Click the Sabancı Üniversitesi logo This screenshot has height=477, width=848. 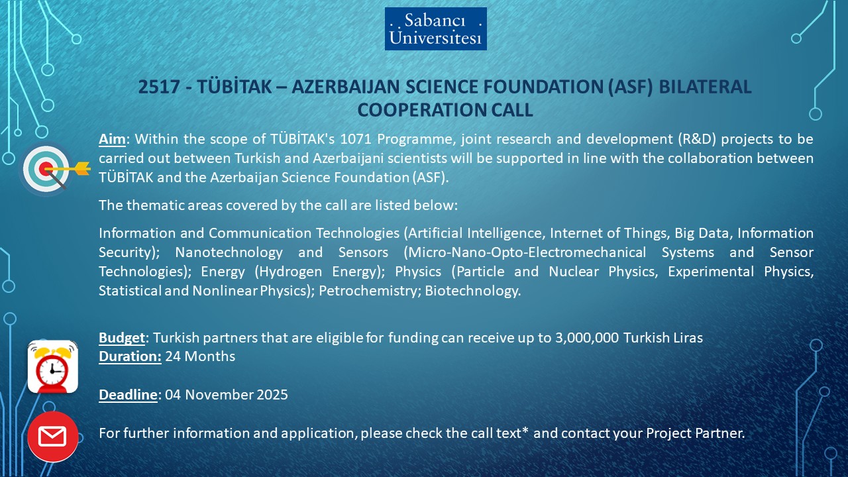pos(436,28)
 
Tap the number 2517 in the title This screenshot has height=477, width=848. pos(159,87)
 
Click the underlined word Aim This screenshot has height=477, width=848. pos(112,139)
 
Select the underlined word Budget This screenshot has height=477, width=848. pos(122,338)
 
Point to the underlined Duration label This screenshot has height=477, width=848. pos(131,356)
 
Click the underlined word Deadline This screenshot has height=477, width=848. pos(128,395)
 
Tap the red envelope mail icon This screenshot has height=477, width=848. pos(52,437)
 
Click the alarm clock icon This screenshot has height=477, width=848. pos(52,366)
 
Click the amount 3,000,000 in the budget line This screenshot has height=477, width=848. pos(587,338)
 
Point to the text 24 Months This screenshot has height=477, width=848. pos(200,356)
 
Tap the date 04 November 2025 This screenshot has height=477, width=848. pos(227,395)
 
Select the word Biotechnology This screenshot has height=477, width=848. pos(473,291)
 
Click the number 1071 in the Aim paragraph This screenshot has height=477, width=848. pos(356,139)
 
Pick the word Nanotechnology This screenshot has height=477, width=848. pos(229,252)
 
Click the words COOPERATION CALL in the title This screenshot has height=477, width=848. pos(445,110)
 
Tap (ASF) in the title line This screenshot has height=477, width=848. pos(630,87)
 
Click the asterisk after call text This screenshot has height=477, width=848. pos(525,431)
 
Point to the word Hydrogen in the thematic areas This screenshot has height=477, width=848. pos(290,272)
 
